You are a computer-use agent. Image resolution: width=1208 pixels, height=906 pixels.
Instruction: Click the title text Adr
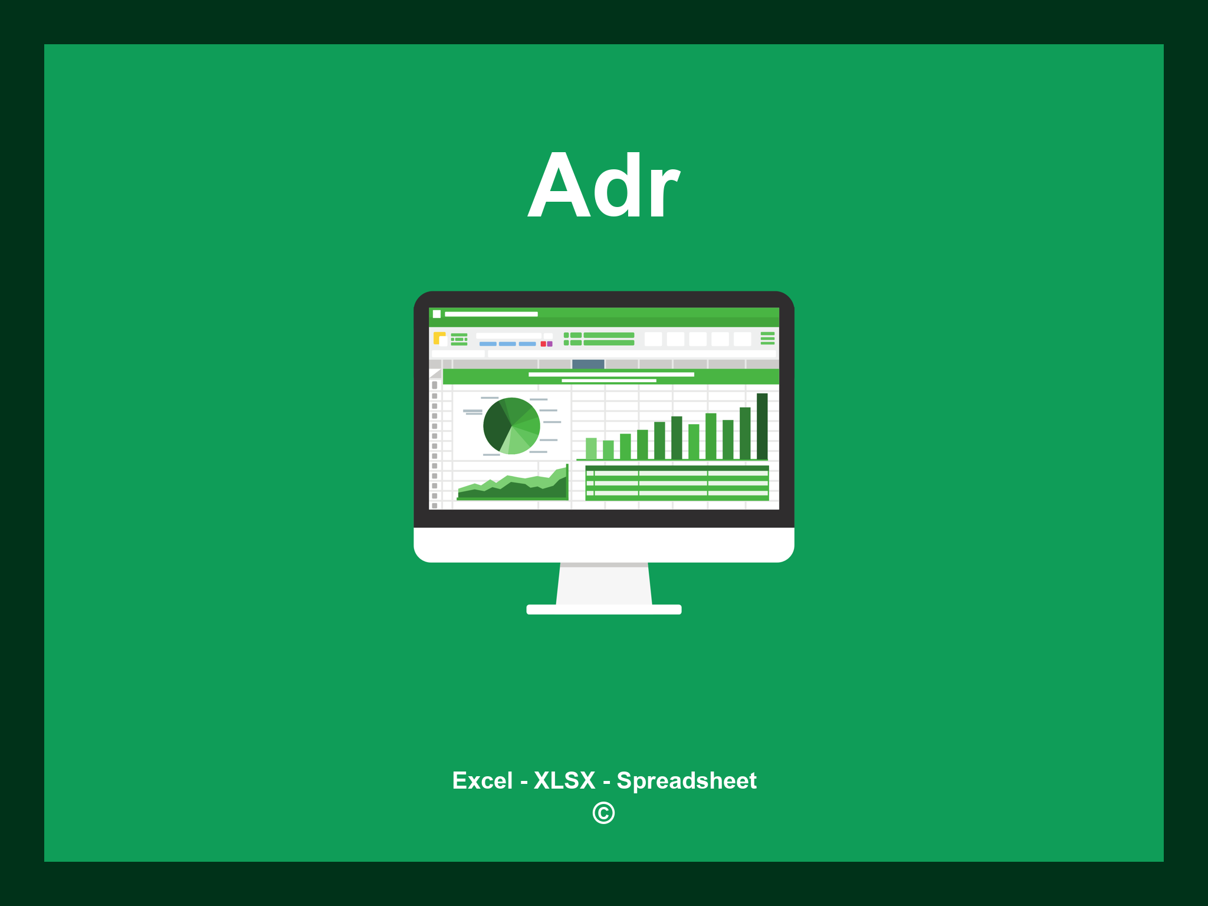(603, 186)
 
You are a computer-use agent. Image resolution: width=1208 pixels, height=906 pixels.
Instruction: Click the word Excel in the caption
(482, 780)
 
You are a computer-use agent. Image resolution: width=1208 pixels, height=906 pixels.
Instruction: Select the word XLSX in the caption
(564, 780)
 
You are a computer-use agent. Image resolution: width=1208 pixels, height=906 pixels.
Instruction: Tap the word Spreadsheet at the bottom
(686, 780)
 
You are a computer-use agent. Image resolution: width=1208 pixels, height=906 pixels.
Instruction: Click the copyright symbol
(603, 813)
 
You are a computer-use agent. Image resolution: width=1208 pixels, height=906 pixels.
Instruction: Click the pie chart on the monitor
(511, 426)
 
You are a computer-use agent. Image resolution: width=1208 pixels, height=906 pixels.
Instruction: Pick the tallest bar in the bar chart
(762, 426)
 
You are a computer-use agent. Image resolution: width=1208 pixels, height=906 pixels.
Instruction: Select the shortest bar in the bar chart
(608, 449)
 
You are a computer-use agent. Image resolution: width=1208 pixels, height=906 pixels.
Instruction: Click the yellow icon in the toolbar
(439, 338)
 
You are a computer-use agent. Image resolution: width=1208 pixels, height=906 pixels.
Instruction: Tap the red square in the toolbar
(543, 344)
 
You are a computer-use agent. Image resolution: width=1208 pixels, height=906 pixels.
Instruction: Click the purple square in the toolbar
(550, 344)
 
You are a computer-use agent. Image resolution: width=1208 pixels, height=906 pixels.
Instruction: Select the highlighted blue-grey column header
(588, 364)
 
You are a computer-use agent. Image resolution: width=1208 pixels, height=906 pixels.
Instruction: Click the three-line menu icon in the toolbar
(767, 338)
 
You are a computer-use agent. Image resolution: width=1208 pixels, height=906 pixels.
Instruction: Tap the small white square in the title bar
(437, 314)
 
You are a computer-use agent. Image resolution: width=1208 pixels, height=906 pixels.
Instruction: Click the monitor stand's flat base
(603, 609)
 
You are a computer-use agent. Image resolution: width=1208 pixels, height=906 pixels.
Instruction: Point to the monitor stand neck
(603, 584)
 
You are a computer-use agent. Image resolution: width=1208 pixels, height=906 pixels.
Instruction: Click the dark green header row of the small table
(677, 468)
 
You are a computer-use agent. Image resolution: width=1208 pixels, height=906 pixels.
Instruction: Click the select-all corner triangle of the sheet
(436, 374)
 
